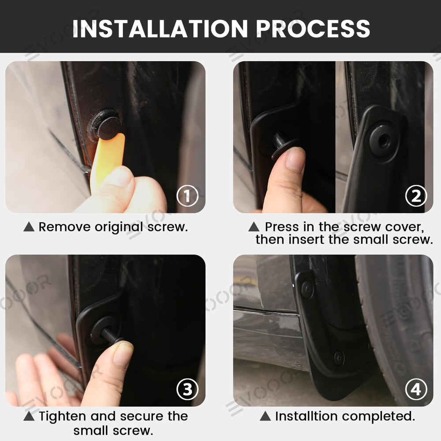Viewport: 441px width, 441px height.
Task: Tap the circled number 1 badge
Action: pyautogui.click(x=187, y=196)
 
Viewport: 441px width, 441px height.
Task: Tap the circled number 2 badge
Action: pyautogui.click(x=416, y=196)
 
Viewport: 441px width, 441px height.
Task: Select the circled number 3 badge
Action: pyautogui.click(x=187, y=390)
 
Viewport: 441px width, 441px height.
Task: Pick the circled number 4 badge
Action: pyautogui.click(x=416, y=390)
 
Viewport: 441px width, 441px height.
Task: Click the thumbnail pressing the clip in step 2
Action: pyautogui.click(x=295, y=159)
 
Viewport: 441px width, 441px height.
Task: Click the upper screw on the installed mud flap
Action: pyautogui.click(x=307, y=289)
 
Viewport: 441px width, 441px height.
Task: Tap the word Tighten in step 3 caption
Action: pyautogui.click(x=62, y=416)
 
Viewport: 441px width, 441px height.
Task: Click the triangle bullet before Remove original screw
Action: pyautogui.click(x=29, y=227)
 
